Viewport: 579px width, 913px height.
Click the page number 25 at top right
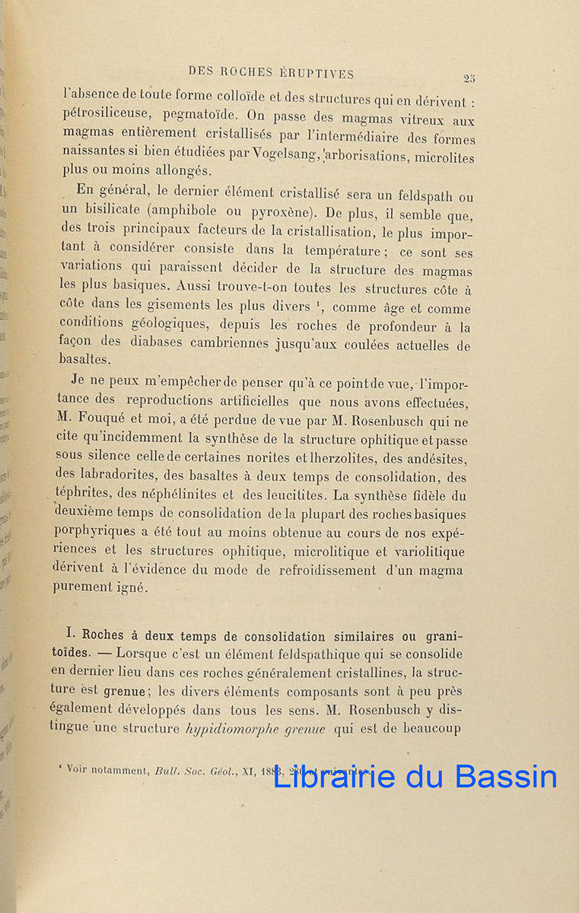pos(469,78)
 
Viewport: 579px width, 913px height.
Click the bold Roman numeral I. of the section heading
pos(66,637)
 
